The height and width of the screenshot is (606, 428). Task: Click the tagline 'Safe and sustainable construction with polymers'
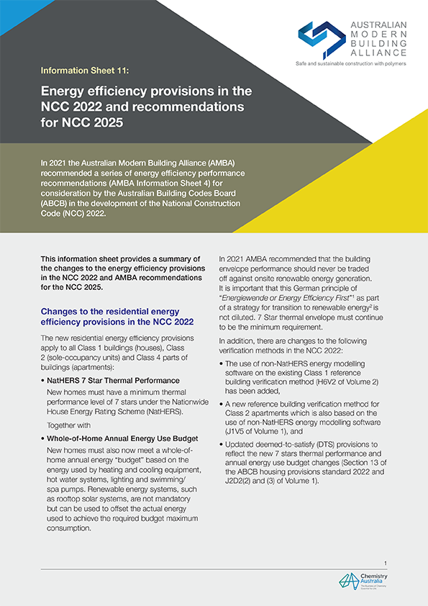point(351,64)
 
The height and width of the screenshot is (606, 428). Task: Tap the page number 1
point(386,563)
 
